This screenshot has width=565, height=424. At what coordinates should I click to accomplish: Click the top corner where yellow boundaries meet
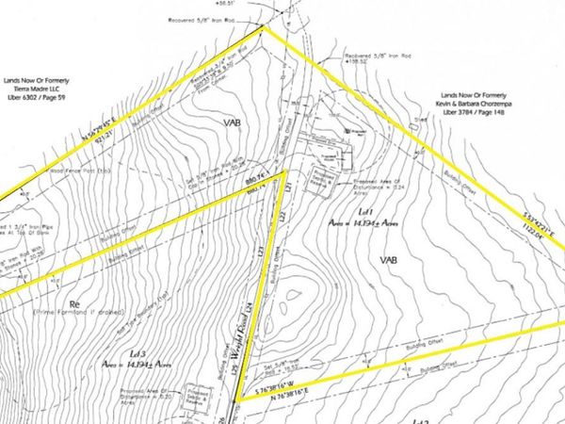pyautogui.click(x=263, y=26)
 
